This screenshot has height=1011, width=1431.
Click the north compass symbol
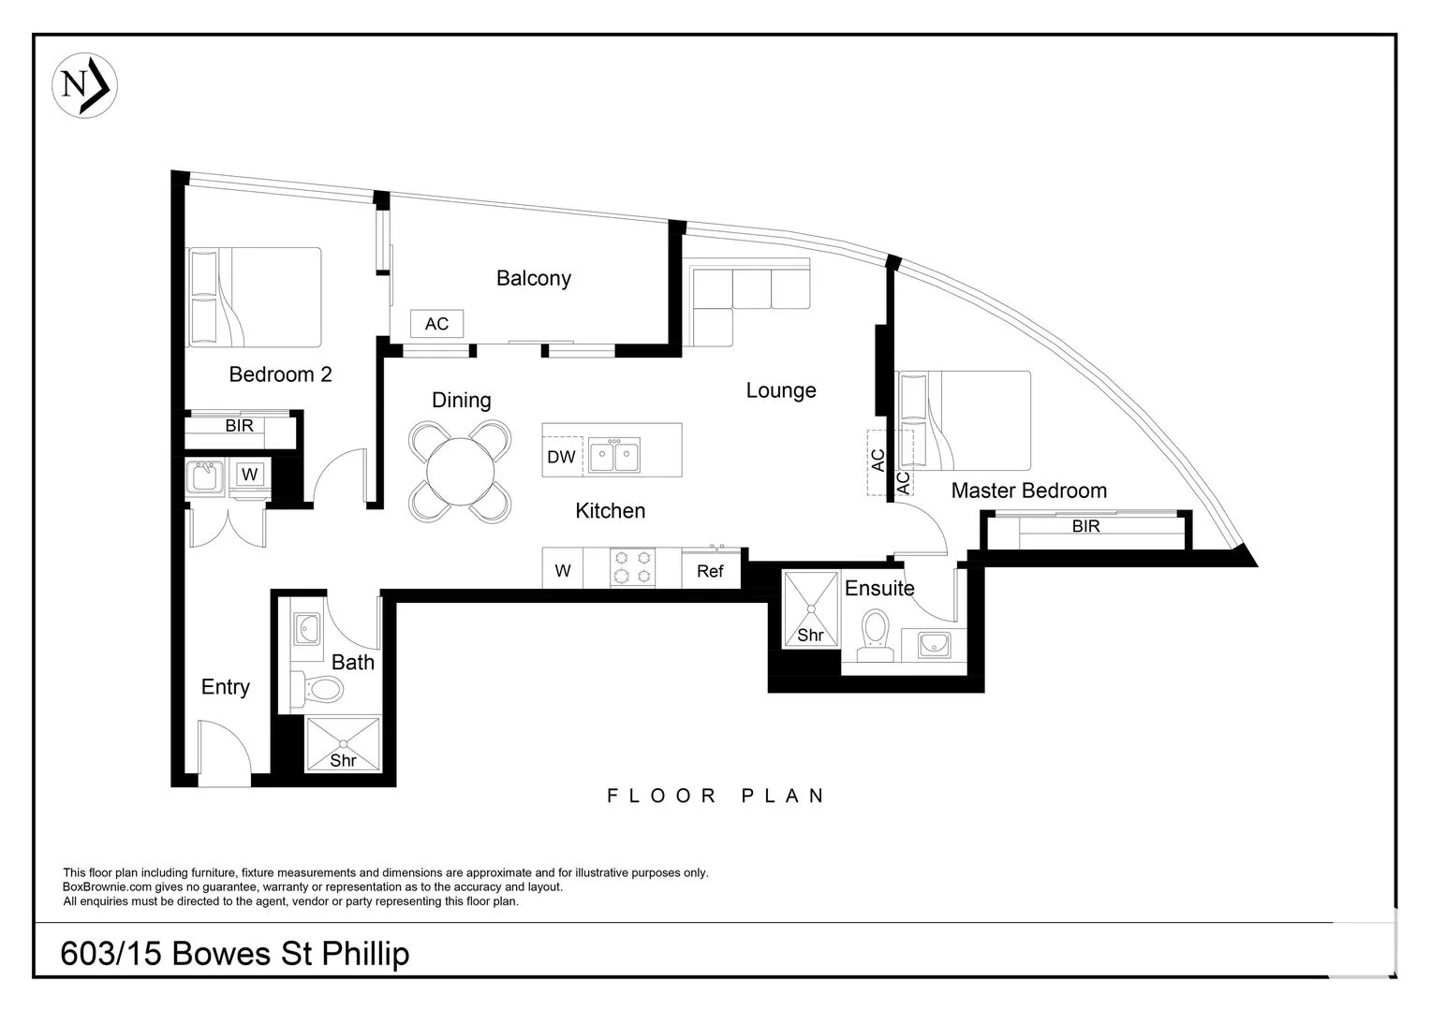click(x=84, y=85)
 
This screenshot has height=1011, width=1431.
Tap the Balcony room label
click(x=534, y=278)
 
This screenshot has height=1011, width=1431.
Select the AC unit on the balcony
click(x=437, y=324)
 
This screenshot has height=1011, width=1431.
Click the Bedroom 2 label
click(x=280, y=374)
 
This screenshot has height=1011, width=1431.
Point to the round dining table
click(x=460, y=472)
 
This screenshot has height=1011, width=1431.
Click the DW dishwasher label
click(x=562, y=457)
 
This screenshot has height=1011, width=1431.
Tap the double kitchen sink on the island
click(x=614, y=455)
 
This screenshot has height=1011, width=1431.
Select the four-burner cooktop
click(x=632, y=567)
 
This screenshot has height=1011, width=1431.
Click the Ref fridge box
click(x=711, y=569)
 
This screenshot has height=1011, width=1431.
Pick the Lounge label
click(x=781, y=390)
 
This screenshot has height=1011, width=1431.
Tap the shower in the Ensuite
click(x=811, y=609)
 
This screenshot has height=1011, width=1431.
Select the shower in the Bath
click(x=343, y=744)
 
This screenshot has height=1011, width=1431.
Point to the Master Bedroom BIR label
click(x=1086, y=526)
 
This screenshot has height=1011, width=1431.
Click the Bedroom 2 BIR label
click(x=240, y=425)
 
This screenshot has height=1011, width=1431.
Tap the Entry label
click(x=225, y=687)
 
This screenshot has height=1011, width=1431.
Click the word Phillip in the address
click(x=365, y=955)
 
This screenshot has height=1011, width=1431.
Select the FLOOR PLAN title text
click(x=715, y=796)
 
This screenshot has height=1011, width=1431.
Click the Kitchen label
click(x=610, y=511)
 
